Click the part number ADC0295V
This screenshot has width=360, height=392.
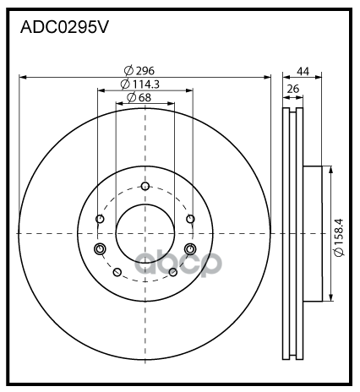pyautogui.click(x=64, y=27)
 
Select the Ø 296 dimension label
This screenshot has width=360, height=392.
pyautogui.click(x=139, y=70)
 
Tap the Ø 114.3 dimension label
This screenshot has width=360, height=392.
pyautogui.click(x=140, y=84)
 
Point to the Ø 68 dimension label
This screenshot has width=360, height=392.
pyautogui.click(x=139, y=97)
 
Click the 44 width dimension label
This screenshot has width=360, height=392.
pyautogui.click(x=303, y=72)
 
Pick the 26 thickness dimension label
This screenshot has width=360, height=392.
pyautogui.click(x=293, y=89)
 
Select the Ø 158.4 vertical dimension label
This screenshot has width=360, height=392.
pyautogui.click(x=339, y=237)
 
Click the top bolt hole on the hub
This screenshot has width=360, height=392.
pyautogui.click(x=145, y=186)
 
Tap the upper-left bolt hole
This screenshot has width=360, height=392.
pyautogui.click(x=100, y=219)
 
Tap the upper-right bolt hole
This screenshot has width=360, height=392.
pyautogui.click(x=190, y=219)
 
